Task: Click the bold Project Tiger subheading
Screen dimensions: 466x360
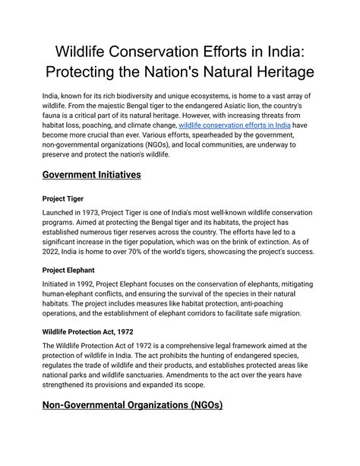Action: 64,198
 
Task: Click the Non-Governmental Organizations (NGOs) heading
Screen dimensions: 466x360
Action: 132,404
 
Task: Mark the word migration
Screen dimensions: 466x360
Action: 286,312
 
